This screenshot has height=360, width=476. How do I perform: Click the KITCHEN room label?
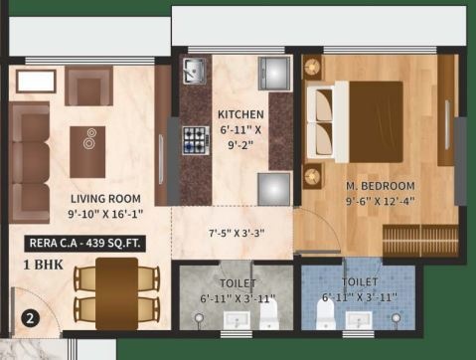click(240, 113)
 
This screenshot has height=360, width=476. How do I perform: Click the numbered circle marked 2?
click(30, 320)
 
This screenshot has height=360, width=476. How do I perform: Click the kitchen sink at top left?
click(193, 71)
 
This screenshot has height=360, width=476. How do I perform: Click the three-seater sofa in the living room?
click(30, 159)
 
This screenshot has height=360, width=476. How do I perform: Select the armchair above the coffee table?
click(89, 87)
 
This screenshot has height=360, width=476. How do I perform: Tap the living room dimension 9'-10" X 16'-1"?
click(104, 213)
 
